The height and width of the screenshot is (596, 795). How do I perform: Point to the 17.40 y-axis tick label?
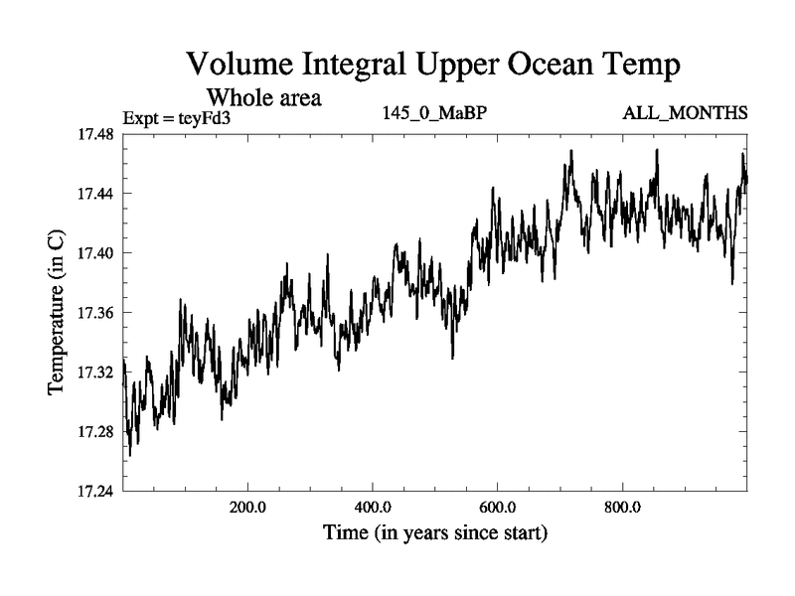[x=96, y=252]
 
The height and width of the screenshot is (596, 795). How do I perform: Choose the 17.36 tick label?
[x=96, y=313]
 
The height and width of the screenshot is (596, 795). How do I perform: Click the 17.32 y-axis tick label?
[x=96, y=372]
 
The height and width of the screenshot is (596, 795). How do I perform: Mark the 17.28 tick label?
[x=96, y=432]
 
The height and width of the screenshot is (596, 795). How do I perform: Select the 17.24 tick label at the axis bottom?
[x=96, y=492]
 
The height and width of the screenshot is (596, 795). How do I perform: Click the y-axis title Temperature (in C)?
[x=57, y=312]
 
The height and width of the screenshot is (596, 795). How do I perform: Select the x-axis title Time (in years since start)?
[x=434, y=533]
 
